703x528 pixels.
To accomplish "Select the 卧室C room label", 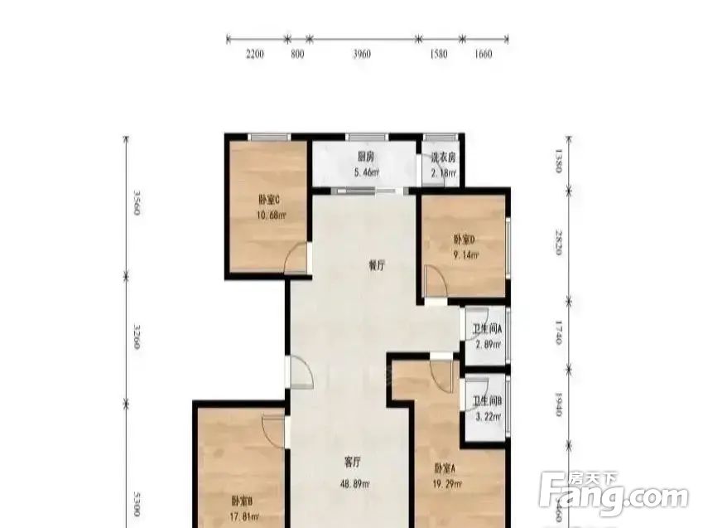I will coord(269,199).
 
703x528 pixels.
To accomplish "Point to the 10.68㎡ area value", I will coord(270,216).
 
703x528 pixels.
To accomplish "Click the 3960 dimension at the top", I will coord(361,55).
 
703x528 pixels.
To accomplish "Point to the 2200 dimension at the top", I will coord(254,55).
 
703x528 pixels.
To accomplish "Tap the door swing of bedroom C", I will coord(296,260).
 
